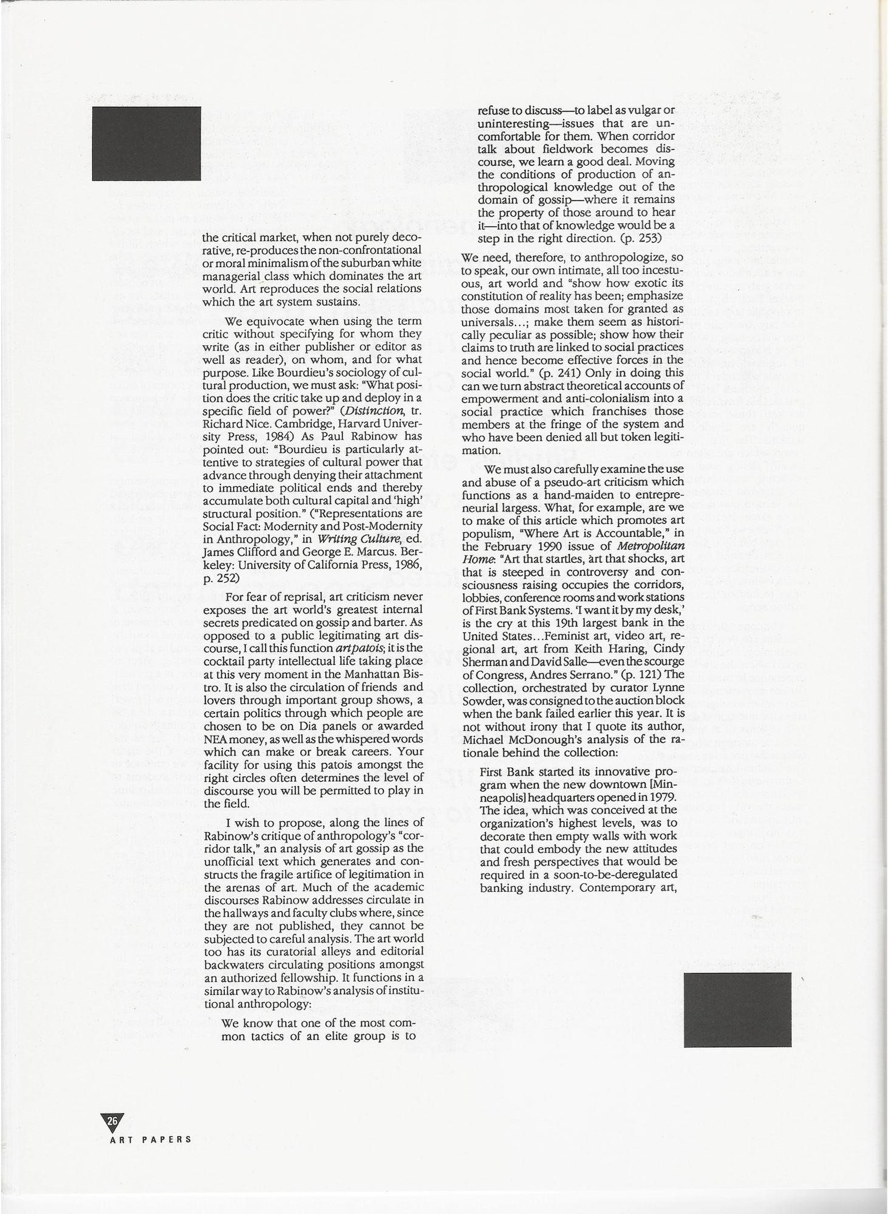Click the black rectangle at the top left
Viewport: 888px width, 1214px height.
click(x=146, y=143)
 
